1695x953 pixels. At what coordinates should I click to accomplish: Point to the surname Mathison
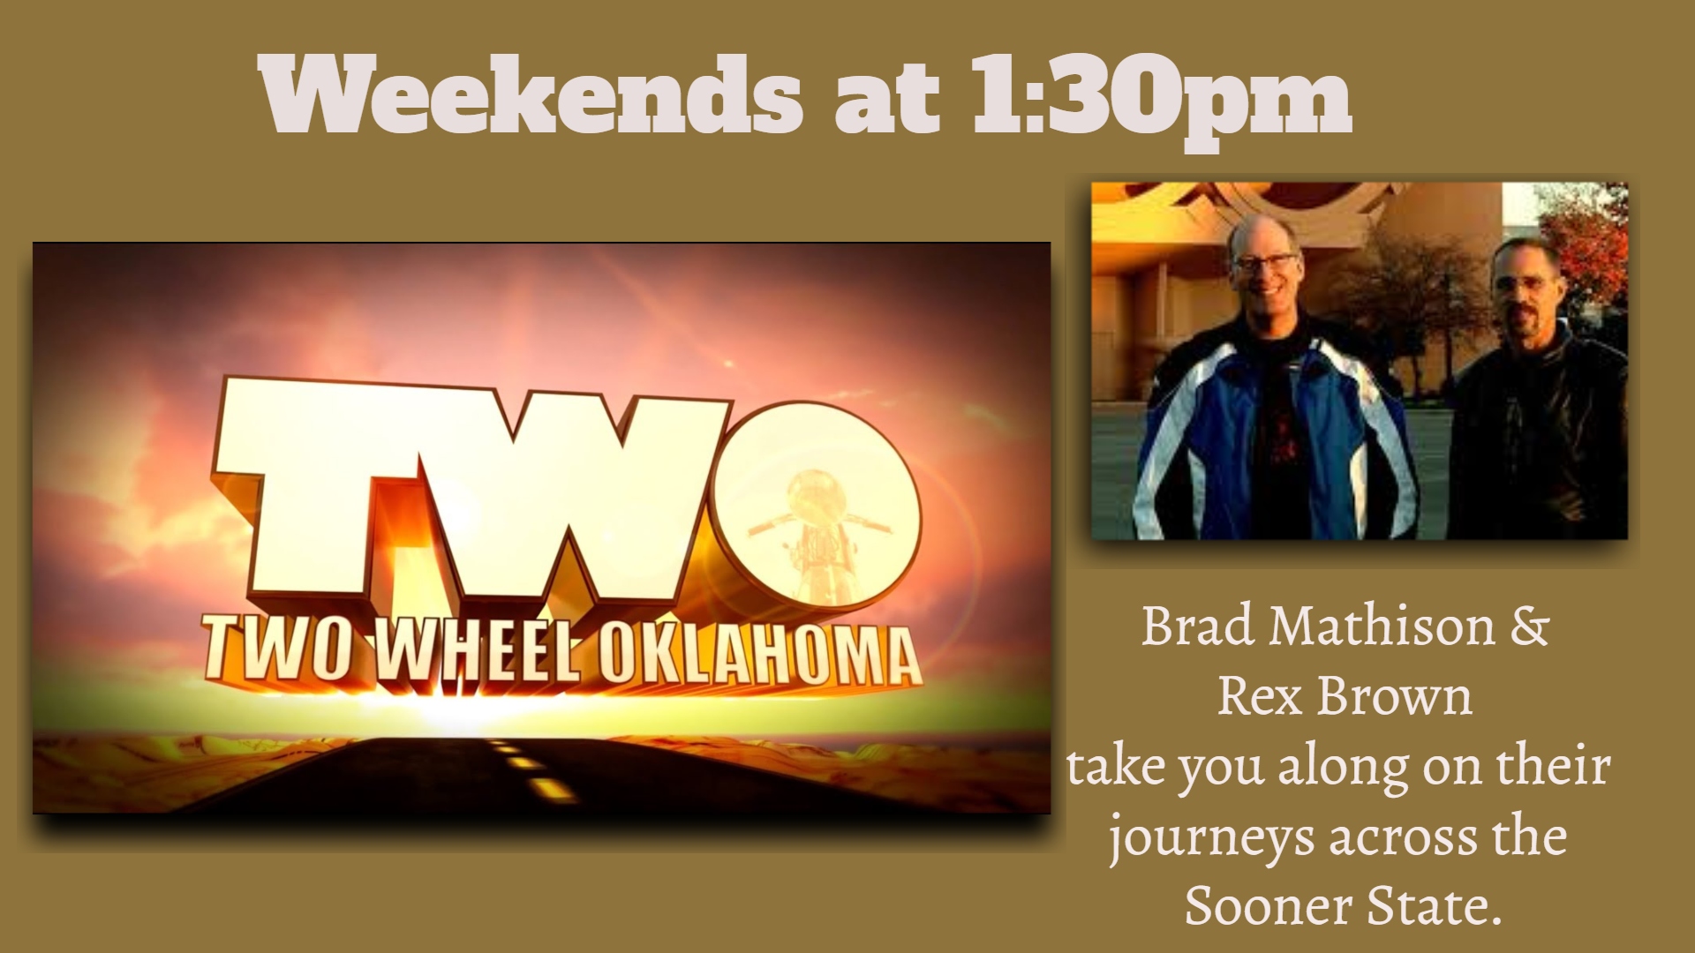[1382, 627]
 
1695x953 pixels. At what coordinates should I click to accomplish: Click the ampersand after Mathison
[1530, 627]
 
